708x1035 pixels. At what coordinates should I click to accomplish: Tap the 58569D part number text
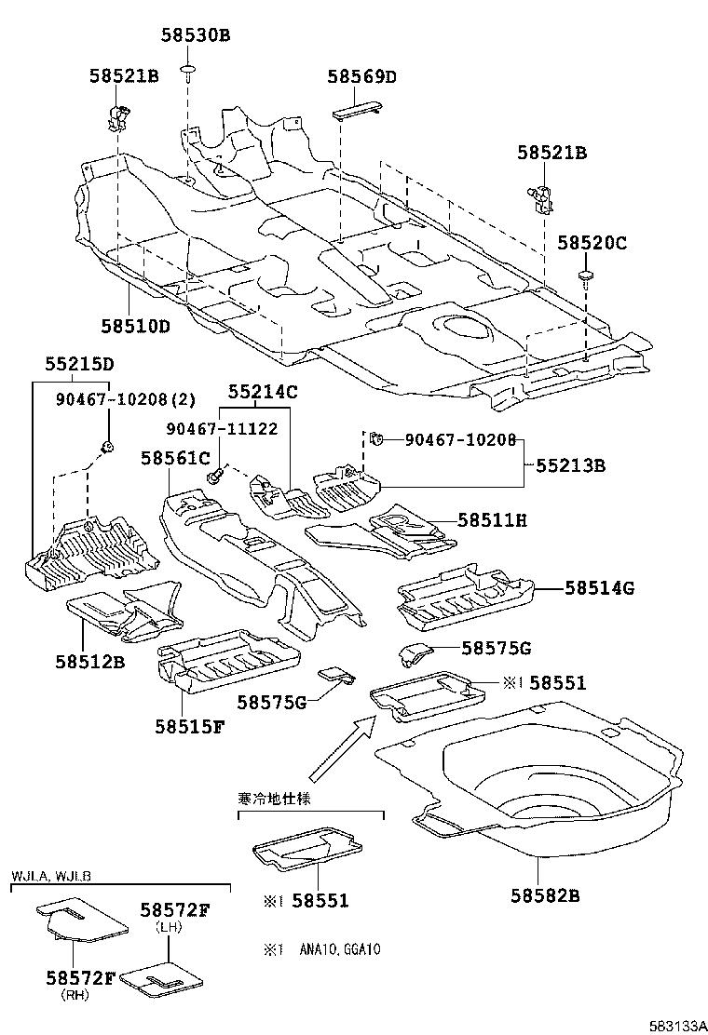click(x=361, y=77)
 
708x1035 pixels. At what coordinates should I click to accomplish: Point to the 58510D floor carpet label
click(x=136, y=326)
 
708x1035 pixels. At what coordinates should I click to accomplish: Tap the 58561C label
click(x=175, y=458)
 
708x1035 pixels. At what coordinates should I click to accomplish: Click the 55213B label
click(x=569, y=465)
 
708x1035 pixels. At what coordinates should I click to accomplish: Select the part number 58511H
click(x=492, y=520)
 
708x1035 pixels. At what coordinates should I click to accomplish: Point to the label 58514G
click(x=599, y=587)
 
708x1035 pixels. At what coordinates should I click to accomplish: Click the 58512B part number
click(x=88, y=663)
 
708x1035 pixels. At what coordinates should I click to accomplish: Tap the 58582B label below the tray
click(x=545, y=895)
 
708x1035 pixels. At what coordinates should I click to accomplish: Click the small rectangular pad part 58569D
click(x=359, y=110)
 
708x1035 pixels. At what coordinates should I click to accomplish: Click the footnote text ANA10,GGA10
click(x=339, y=950)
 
